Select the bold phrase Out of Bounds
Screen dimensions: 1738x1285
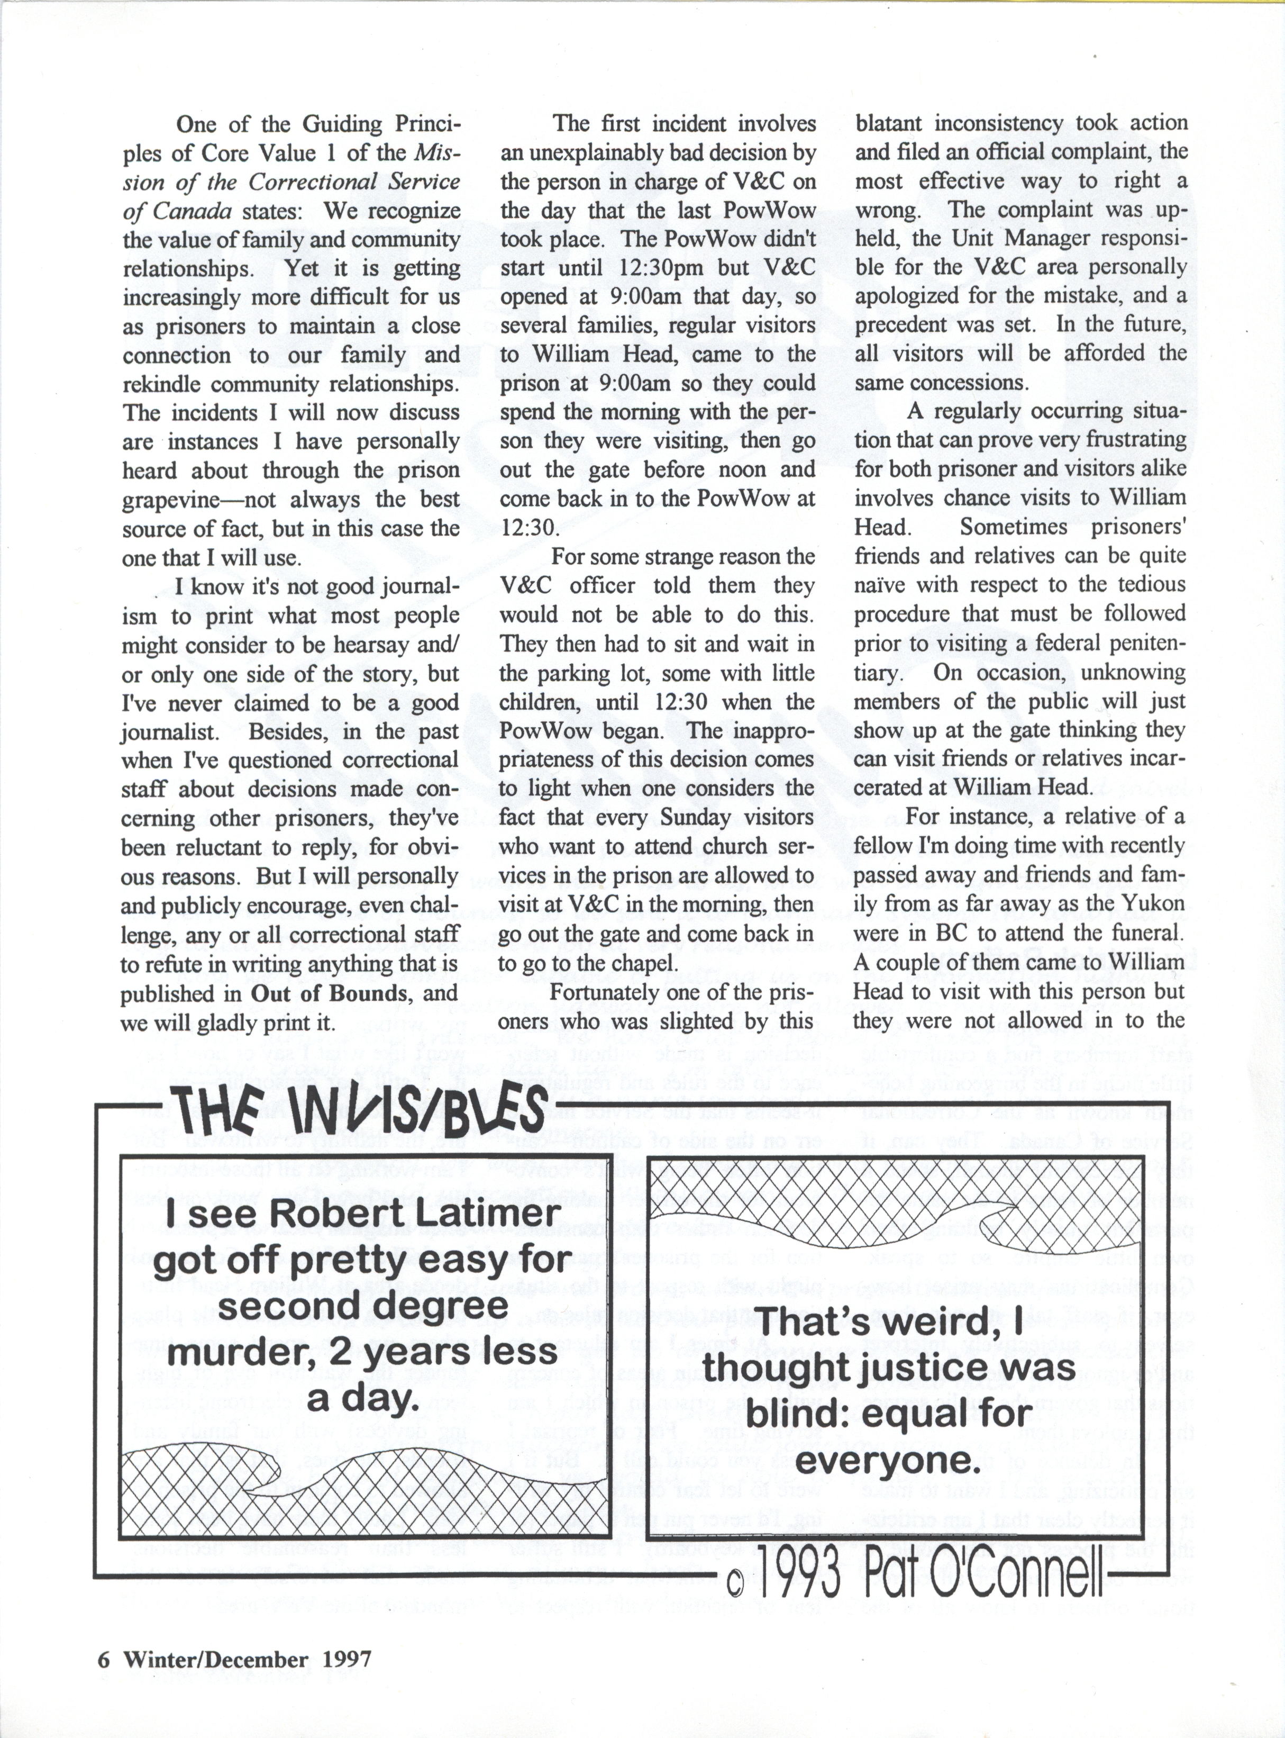click(x=330, y=993)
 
